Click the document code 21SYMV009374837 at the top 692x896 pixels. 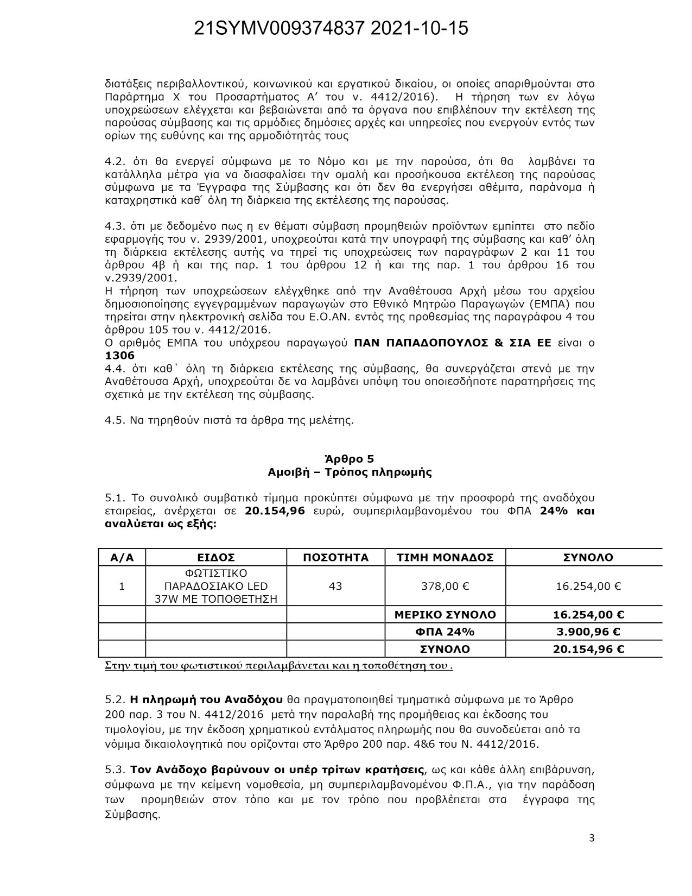click(x=280, y=29)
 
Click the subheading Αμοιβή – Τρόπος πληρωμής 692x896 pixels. click(x=350, y=472)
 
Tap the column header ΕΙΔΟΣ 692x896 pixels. click(x=216, y=558)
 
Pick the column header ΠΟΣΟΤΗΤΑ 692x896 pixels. click(x=335, y=558)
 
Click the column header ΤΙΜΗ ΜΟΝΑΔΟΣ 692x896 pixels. click(x=445, y=558)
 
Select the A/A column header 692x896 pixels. click(x=122, y=558)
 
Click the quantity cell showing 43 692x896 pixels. click(x=335, y=586)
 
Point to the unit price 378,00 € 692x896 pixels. click(x=445, y=586)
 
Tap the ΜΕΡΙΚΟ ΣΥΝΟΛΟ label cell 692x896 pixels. click(x=445, y=615)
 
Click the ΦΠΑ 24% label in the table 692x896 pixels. click(x=445, y=632)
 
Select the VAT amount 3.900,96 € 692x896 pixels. click(x=588, y=632)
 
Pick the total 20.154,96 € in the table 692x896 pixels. click(x=588, y=649)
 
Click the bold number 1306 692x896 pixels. click(x=119, y=356)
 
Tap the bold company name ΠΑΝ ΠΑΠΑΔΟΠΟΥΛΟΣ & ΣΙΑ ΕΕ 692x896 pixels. click(x=452, y=343)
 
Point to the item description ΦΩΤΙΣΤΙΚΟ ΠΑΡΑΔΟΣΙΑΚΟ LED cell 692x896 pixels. click(x=216, y=586)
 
